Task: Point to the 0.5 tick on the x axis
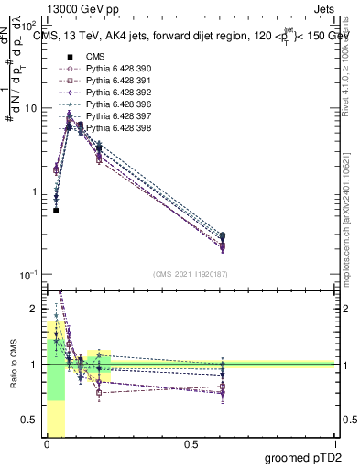(x=191, y=444)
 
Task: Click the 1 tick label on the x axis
(x=334, y=444)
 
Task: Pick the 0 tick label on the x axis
(x=47, y=444)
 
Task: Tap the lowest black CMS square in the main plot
(x=56, y=210)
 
